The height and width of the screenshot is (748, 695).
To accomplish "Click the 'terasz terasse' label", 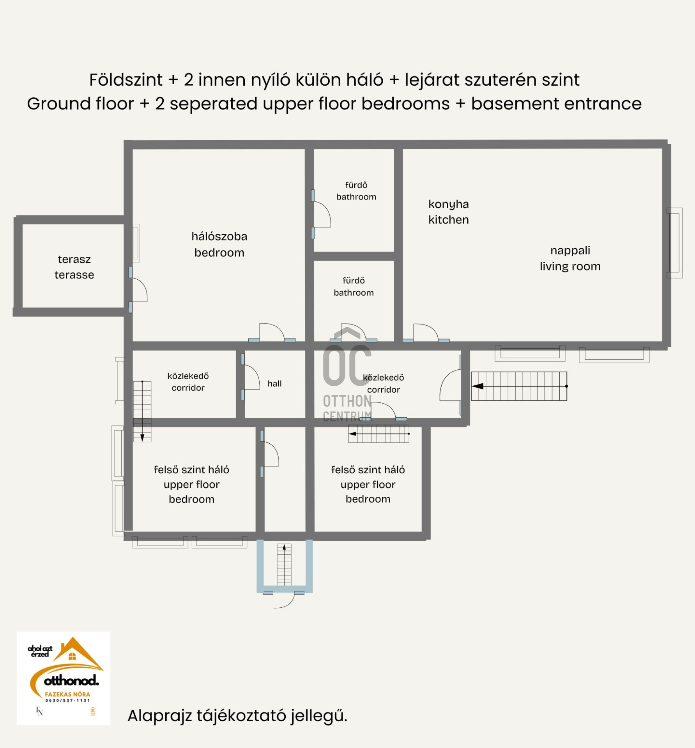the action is tap(74, 267).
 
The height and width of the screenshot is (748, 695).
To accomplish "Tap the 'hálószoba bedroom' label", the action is tap(219, 244).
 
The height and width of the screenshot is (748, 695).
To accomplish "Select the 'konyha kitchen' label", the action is tap(448, 212).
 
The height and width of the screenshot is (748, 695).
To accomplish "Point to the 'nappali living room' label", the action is tap(570, 258).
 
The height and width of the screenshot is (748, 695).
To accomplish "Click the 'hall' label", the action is tap(274, 384).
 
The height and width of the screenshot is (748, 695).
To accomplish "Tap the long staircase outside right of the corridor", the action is tap(519, 386).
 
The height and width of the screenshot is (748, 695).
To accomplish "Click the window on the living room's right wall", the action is tap(674, 243).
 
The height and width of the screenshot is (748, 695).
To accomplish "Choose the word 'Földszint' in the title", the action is tap(126, 80).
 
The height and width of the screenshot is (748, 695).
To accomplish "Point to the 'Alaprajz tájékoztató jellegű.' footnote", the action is tap(237, 716).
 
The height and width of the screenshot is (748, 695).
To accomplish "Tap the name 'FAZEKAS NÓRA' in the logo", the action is tap(67, 694).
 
